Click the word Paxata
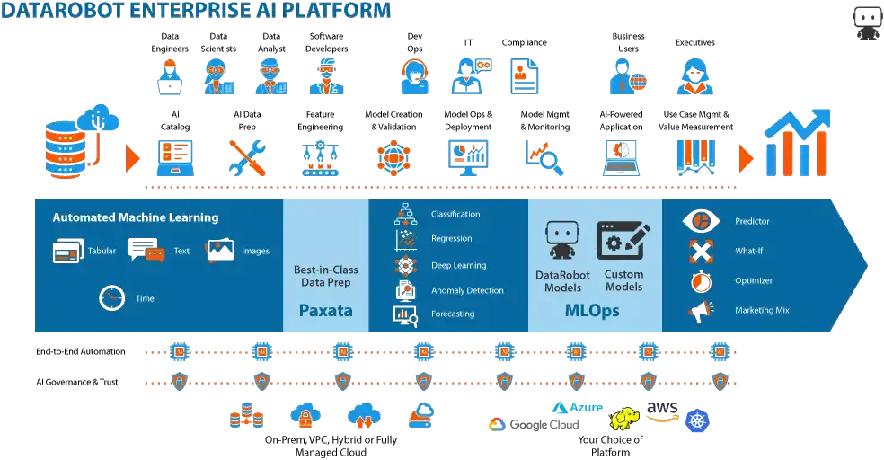click(x=325, y=312)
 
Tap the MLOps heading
click(x=591, y=312)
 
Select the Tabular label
click(x=102, y=252)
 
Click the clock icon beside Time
click(x=112, y=297)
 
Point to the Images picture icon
click(x=219, y=251)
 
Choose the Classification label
click(x=455, y=214)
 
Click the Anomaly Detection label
click(x=467, y=290)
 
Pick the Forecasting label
click(x=453, y=314)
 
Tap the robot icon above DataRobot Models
click(x=562, y=242)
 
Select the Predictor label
click(x=752, y=221)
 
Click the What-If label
click(x=749, y=252)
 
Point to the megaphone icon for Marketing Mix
click(x=701, y=311)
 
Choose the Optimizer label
click(x=753, y=280)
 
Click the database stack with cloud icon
click(x=76, y=139)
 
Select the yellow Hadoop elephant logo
click(x=625, y=419)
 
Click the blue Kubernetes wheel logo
click(x=696, y=420)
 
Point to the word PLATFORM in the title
click(x=334, y=11)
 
